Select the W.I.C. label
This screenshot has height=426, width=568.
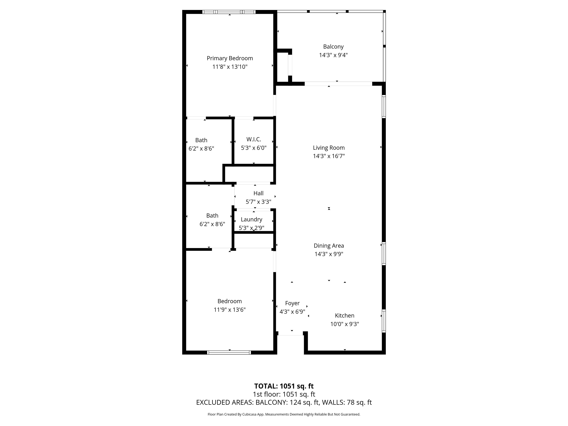tap(254, 139)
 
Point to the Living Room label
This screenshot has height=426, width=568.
tap(329, 148)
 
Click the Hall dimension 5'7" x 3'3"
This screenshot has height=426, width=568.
tap(258, 202)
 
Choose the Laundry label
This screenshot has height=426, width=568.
tap(251, 219)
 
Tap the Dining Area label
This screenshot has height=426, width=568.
tap(329, 246)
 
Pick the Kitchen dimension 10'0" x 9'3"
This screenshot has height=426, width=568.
tap(345, 324)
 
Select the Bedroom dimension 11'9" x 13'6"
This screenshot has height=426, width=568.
tap(230, 310)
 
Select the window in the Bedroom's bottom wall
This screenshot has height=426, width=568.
tap(229, 352)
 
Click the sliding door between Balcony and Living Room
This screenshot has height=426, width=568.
tap(338, 84)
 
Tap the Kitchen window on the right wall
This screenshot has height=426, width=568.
tap(384, 321)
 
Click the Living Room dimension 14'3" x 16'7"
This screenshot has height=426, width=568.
tap(329, 156)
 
